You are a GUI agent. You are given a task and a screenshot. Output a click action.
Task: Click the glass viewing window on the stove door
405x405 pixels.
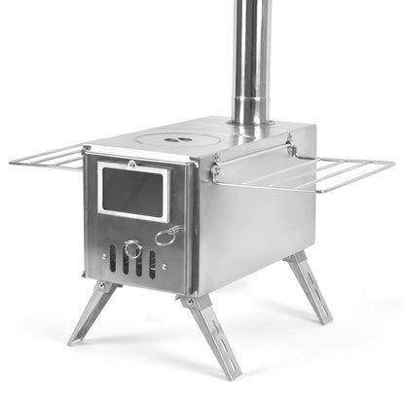coord(133,190)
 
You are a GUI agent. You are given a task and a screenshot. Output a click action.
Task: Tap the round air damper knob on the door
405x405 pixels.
coord(133,250)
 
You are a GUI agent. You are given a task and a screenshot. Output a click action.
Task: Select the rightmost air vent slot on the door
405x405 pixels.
coord(153,265)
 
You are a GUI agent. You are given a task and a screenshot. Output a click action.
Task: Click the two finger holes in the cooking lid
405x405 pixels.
coord(176,140)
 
